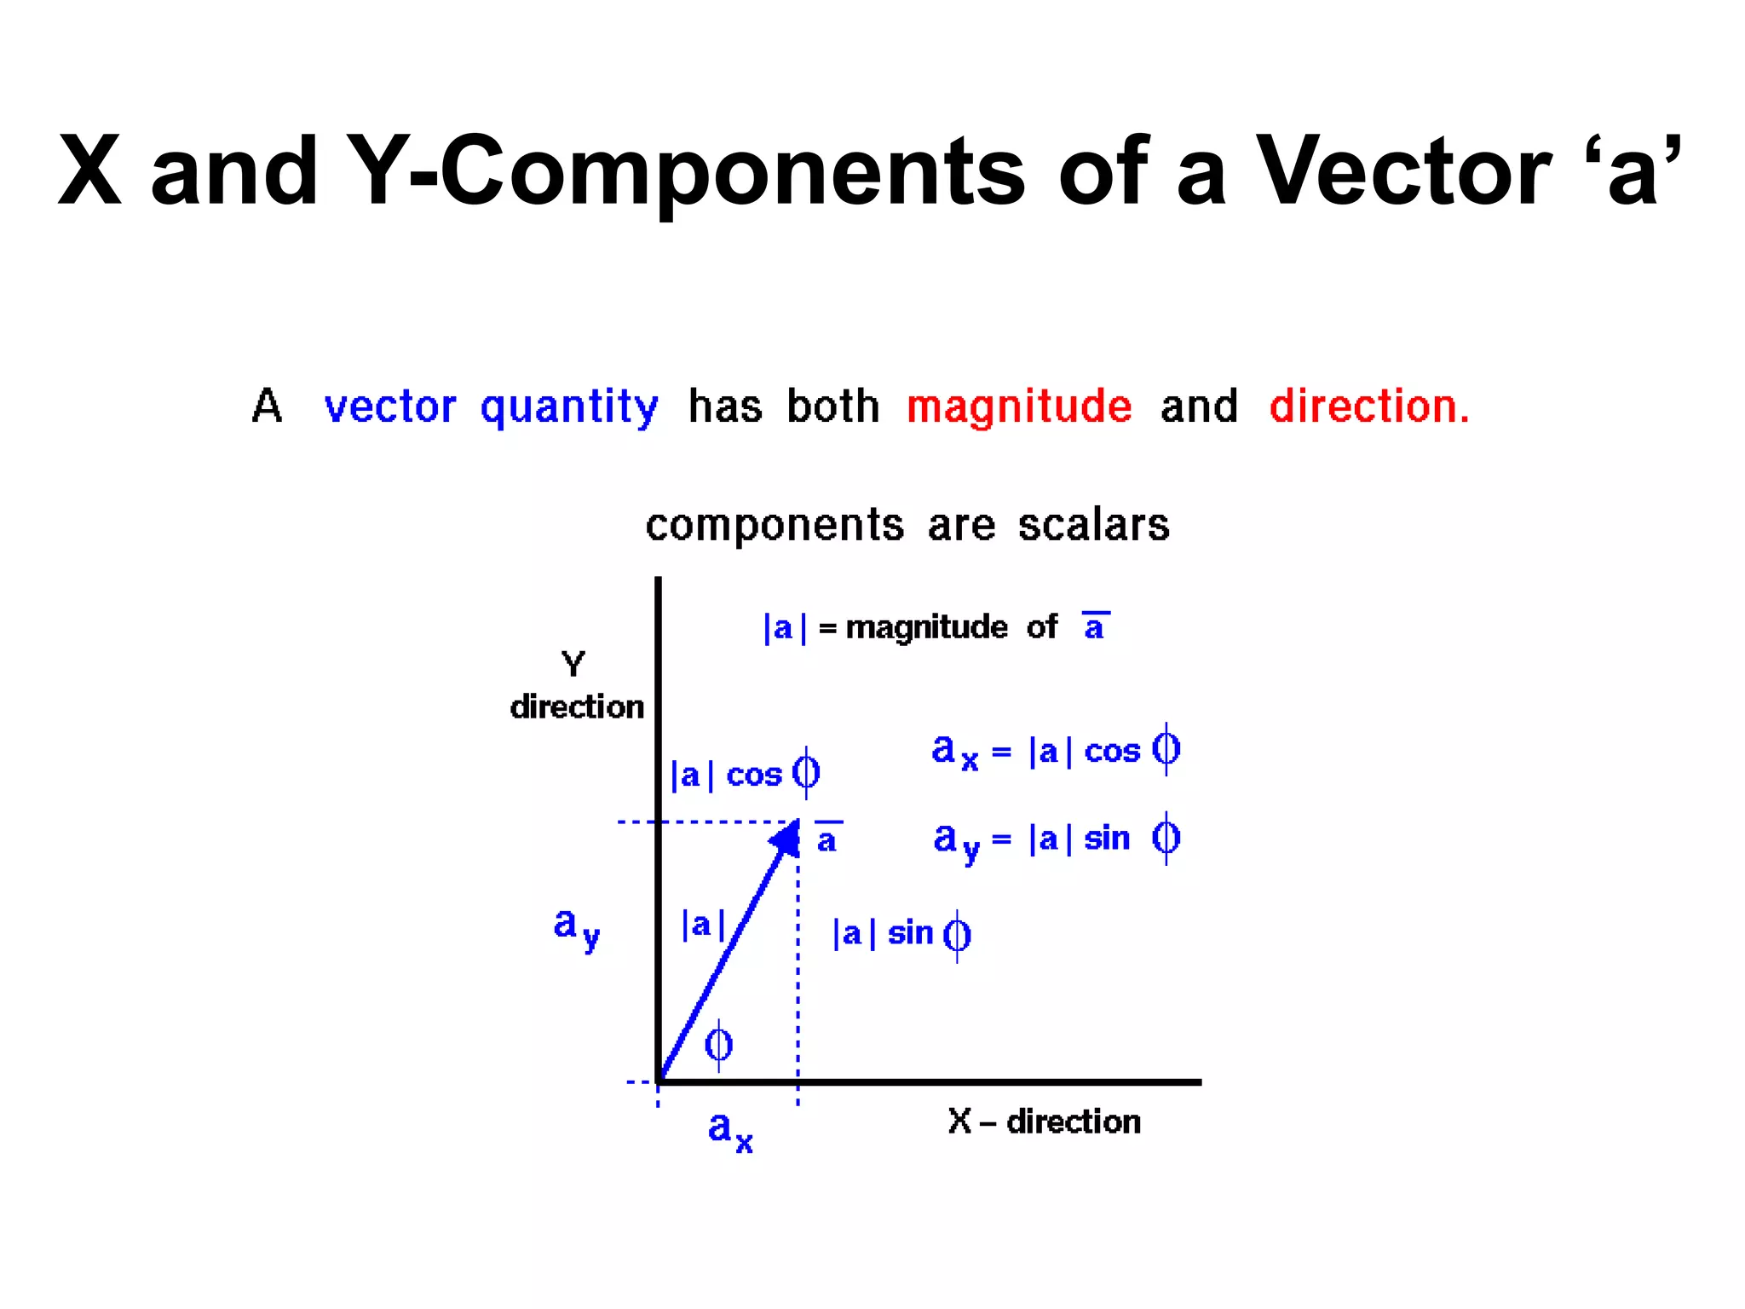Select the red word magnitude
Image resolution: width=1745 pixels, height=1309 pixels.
point(1019,407)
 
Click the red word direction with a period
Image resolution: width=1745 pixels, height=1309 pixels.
point(1369,407)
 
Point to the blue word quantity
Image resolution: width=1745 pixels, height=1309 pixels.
point(569,407)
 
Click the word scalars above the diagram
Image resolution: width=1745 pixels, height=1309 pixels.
point(1094,525)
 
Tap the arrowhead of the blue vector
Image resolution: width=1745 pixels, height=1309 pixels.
point(786,838)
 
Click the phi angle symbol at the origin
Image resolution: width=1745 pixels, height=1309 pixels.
point(718,1044)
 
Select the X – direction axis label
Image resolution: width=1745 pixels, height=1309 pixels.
point(1044,1122)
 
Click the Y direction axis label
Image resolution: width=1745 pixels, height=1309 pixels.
point(576,686)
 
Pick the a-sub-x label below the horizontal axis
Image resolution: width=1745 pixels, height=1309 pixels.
point(730,1131)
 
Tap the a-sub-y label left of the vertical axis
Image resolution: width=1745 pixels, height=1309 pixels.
point(576,927)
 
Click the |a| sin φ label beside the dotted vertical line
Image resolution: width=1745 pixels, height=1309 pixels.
point(901,934)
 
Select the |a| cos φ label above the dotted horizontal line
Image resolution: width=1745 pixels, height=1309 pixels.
point(745,774)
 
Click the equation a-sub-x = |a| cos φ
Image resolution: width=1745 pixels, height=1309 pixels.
point(1055,751)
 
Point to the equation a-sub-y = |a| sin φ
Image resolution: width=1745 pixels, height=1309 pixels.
point(1056,839)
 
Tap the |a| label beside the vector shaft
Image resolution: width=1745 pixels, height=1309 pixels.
point(703,924)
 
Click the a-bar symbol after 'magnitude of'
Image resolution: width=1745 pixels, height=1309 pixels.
point(1095,626)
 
